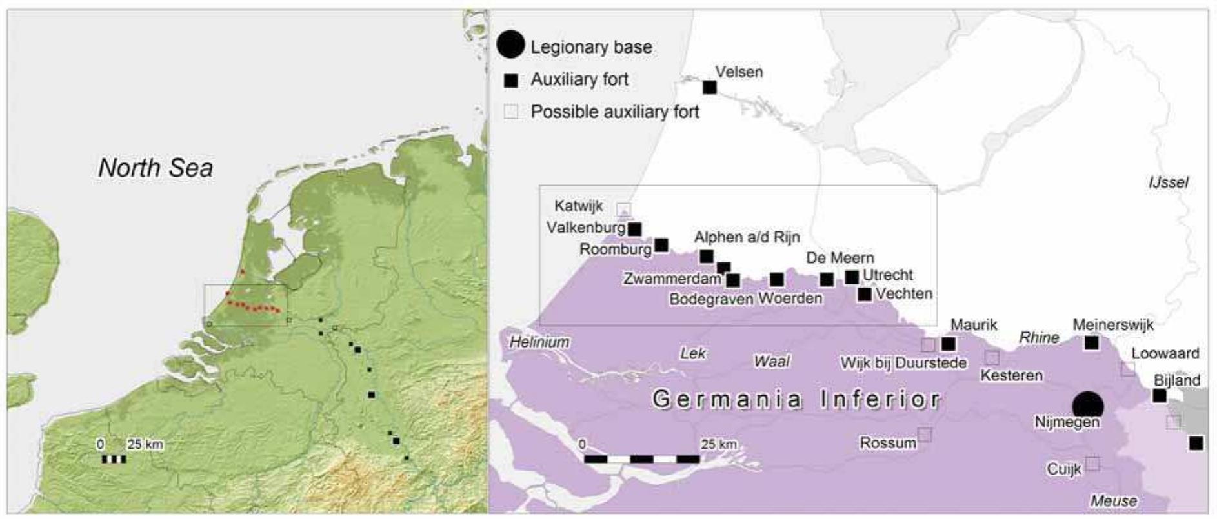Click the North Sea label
coord(156,168)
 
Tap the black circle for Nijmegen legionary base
coord(1088,406)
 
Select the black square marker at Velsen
coord(709,87)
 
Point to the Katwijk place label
coord(578,206)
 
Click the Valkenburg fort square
coord(635,229)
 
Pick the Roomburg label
coord(615,250)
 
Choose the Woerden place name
coord(790,299)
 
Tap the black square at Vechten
coord(865,294)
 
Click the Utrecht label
coord(888,275)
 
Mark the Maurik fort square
coord(948,344)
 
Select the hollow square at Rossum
coord(925,435)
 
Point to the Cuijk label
coord(1063,469)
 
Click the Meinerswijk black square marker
coord(1091,343)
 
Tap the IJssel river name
coord(1168,182)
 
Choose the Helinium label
coord(539,342)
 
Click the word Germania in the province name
coord(727,400)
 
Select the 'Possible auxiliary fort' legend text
coord(614,112)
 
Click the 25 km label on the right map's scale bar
coord(718,444)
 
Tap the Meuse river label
coord(1114,500)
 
